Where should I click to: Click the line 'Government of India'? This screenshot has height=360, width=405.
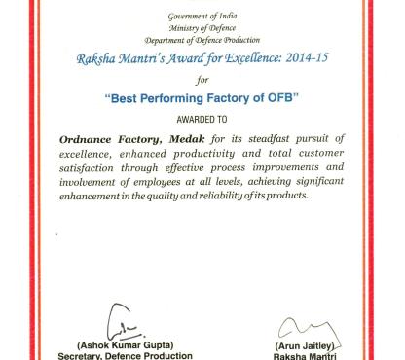tap(202, 18)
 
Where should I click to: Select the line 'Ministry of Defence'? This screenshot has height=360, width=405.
tap(202, 28)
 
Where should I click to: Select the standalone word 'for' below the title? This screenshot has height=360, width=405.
tap(202, 79)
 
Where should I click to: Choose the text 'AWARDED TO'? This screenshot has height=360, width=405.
tap(202, 122)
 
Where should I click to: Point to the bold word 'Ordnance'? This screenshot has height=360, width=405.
tap(92, 139)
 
